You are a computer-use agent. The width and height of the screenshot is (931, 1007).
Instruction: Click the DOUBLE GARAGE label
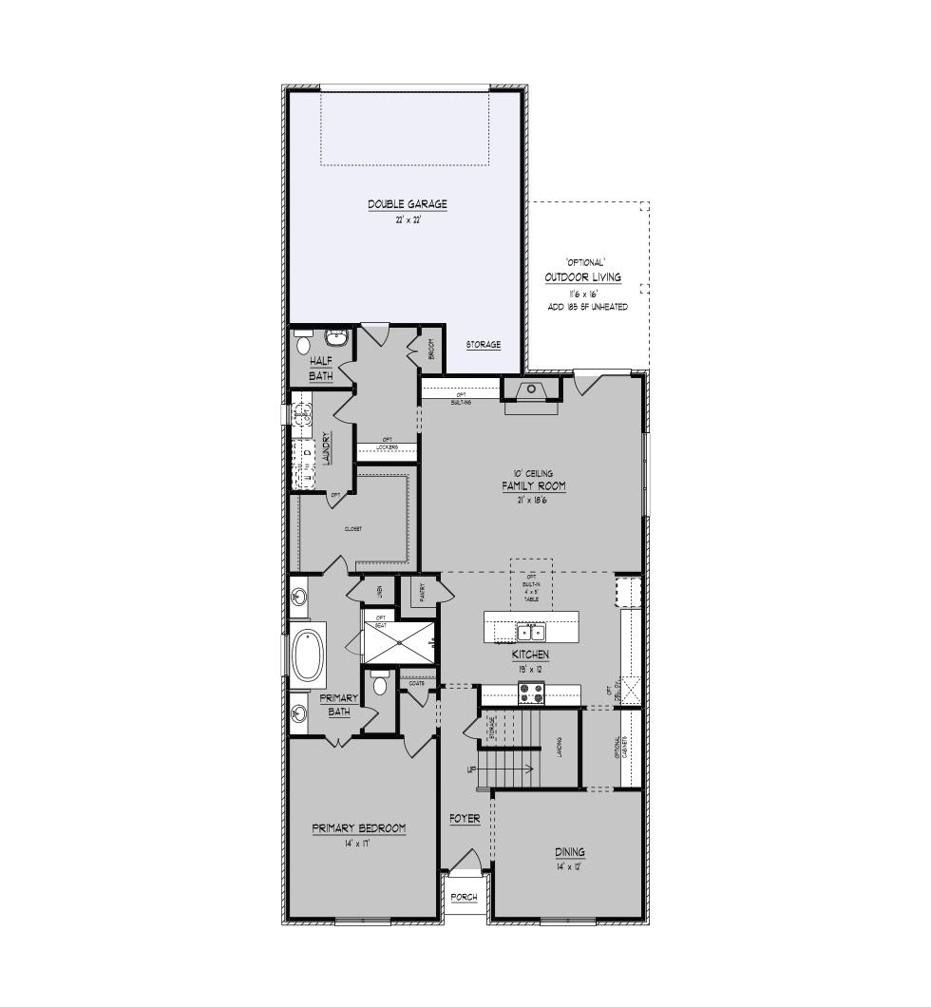[x=408, y=204]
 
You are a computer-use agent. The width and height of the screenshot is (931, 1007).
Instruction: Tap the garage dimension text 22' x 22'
[x=408, y=219]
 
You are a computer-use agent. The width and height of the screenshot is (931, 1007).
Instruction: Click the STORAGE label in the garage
[x=483, y=344]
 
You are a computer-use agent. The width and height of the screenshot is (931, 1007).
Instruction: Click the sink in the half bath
[x=336, y=337]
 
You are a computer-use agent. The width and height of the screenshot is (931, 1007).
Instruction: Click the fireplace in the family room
[x=531, y=390]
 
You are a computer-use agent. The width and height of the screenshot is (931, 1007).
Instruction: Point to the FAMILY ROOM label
[x=533, y=486]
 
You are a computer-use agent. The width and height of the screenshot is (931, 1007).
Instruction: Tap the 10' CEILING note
[x=533, y=473]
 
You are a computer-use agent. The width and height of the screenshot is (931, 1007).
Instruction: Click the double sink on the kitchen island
[x=530, y=632]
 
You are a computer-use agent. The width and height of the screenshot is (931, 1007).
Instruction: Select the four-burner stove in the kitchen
[x=530, y=694]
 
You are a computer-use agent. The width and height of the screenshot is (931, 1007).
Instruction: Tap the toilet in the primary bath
[x=380, y=682]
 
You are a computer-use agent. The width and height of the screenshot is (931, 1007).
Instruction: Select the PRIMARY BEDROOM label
[x=359, y=828]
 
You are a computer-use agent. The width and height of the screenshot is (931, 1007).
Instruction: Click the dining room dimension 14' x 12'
[x=570, y=866]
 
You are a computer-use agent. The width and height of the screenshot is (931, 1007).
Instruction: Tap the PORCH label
[x=465, y=897]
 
